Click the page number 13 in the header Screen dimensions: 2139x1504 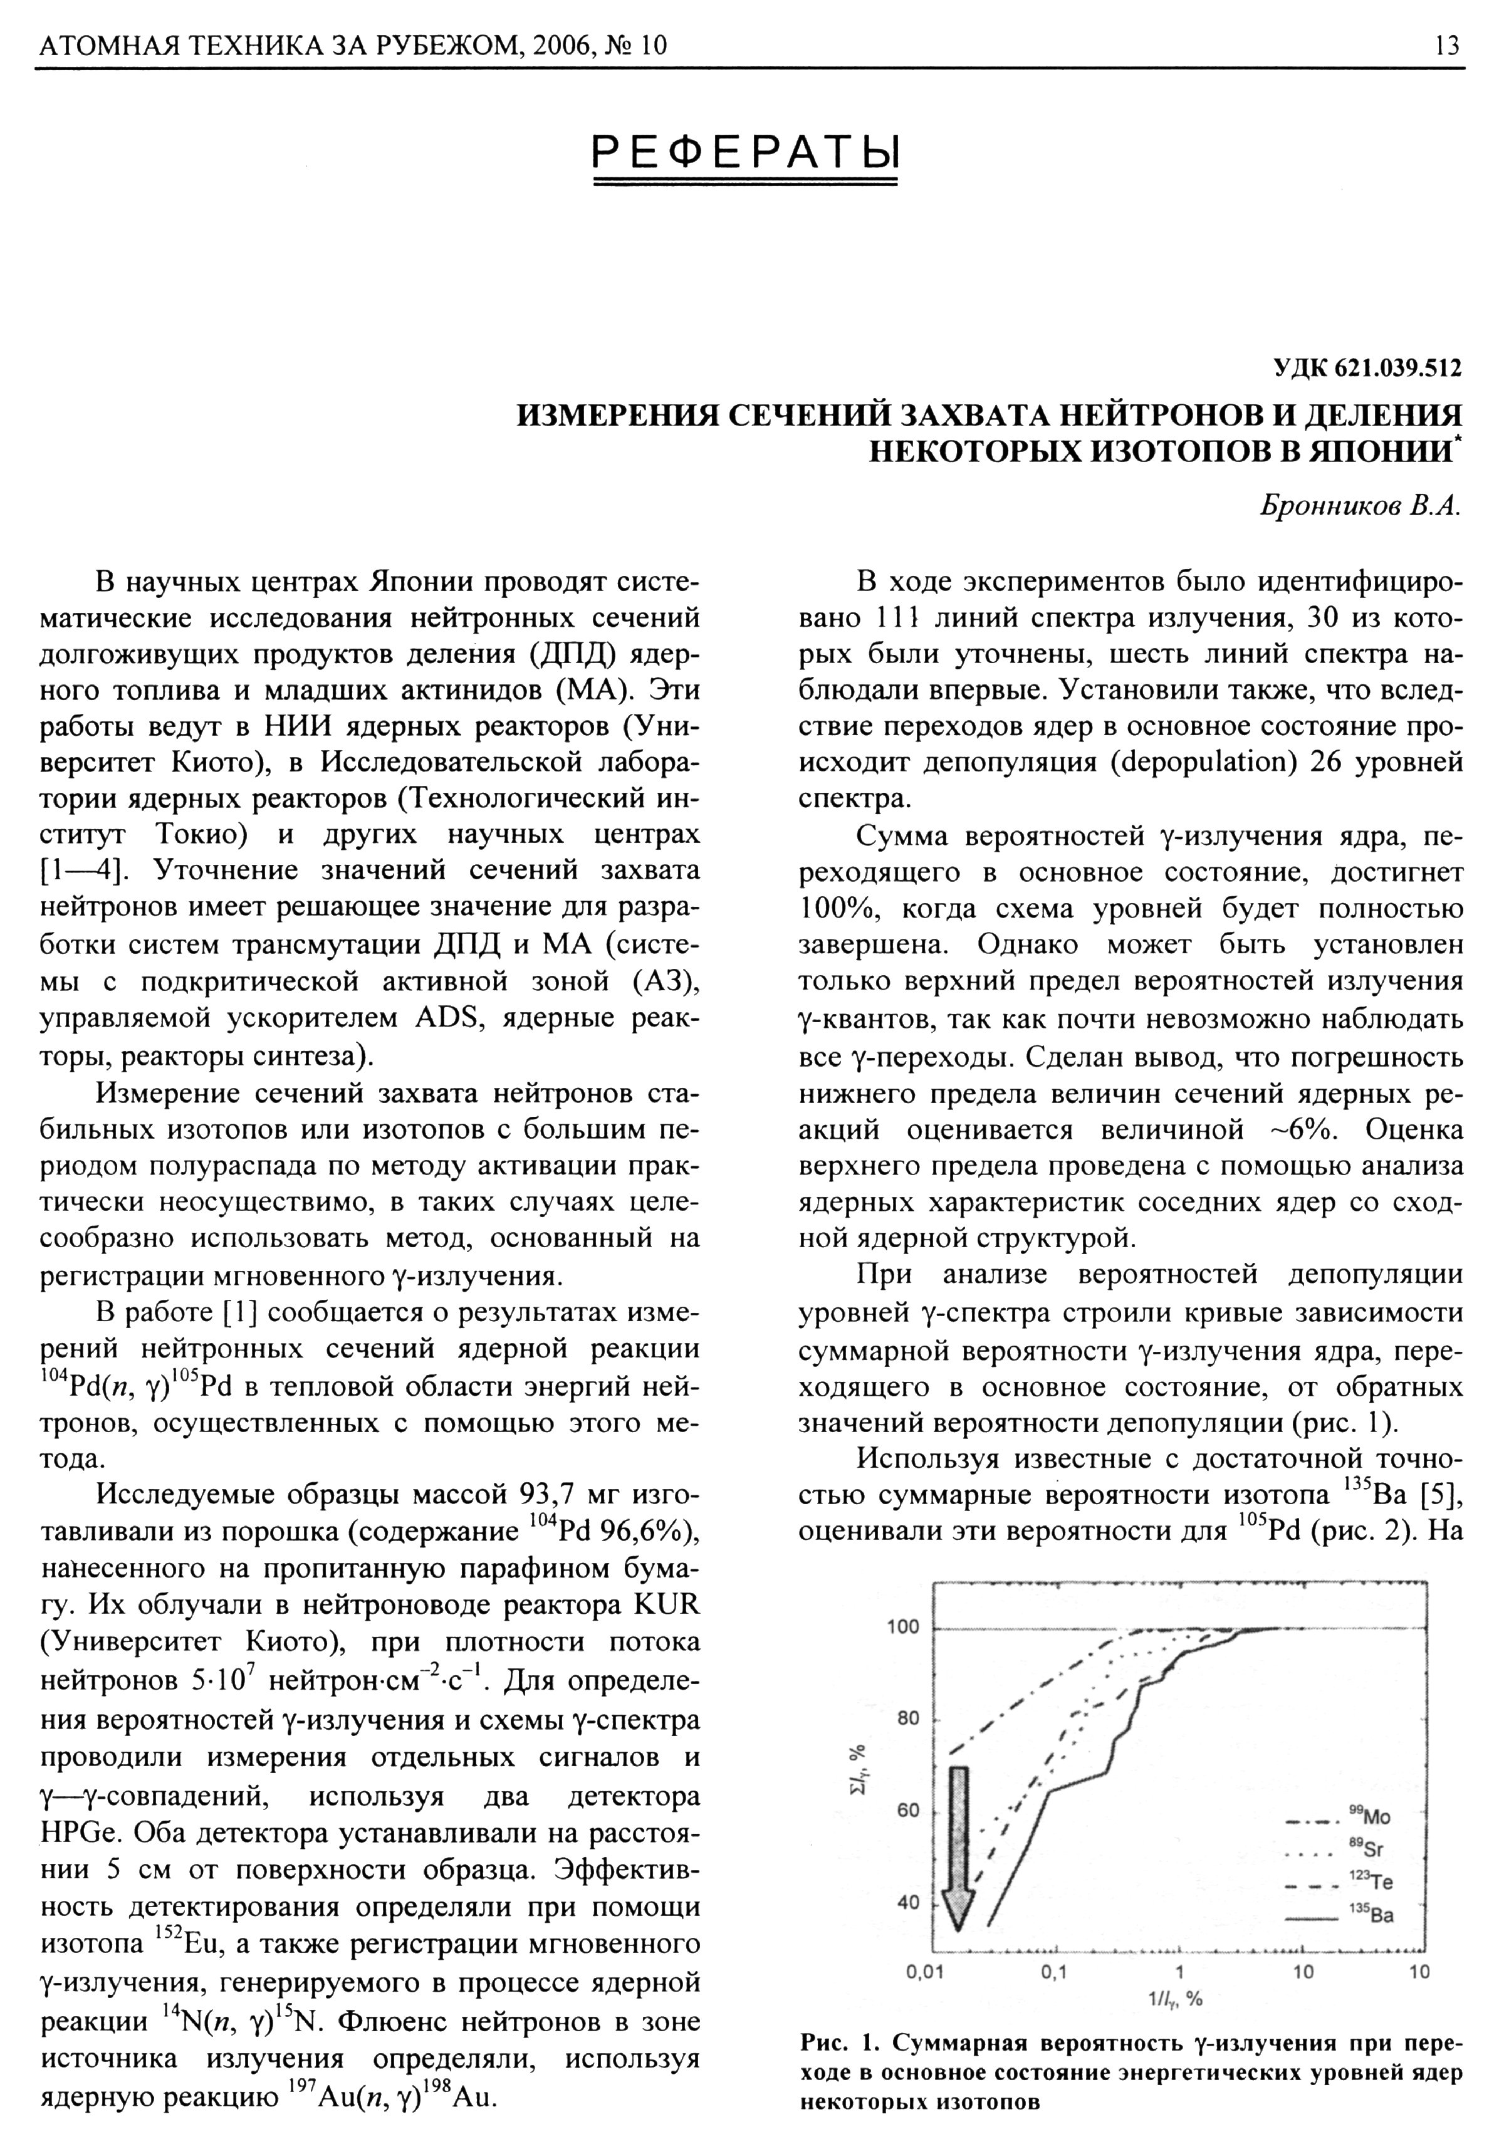tap(1447, 44)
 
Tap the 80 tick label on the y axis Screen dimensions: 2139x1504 tap(909, 1719)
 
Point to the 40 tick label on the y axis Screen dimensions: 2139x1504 tap(909, 1902)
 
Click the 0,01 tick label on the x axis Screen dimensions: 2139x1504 tap(926, 1971)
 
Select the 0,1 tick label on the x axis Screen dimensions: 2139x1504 tap(1053, 1971)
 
